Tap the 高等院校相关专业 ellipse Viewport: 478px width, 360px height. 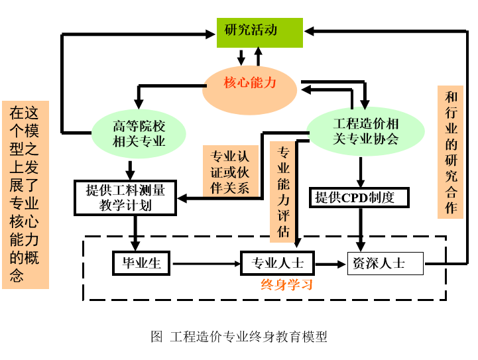[x=139, y=133]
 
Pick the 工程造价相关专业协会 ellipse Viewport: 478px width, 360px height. [x=365, y=131]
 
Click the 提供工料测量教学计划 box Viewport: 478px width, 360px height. [x=125, y=198]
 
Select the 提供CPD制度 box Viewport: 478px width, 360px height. [x=359, y=198]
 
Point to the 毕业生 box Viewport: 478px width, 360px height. [x=141, y=263]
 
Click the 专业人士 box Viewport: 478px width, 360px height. [x=277, y=263]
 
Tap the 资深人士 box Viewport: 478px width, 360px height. [x=385, y=263]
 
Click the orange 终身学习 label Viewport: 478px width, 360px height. [x=286, y=286]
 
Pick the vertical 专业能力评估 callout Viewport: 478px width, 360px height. [x=283, y=191]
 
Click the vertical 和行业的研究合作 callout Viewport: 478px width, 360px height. [x=451, y=152]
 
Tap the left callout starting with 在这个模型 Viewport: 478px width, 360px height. [x=25, y=194]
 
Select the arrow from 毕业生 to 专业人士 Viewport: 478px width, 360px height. [x=206, y=264]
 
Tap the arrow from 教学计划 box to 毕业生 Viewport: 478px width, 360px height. [x=135, y=232]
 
